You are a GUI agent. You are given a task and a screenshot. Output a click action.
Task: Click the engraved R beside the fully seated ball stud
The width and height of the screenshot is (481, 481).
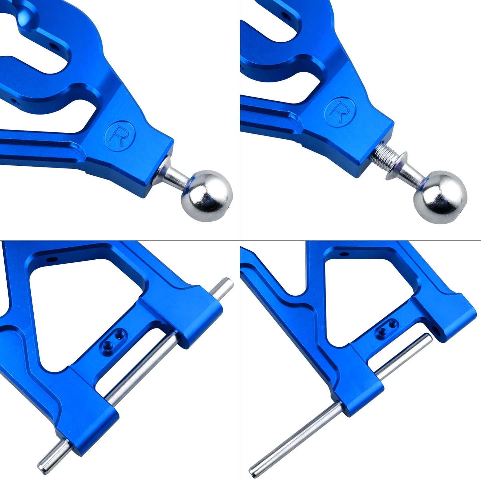pos(119,136)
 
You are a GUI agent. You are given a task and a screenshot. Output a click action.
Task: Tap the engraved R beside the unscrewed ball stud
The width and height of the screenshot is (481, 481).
pos(340,113)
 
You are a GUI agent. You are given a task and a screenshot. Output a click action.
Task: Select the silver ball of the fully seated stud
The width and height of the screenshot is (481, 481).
pos(207,196)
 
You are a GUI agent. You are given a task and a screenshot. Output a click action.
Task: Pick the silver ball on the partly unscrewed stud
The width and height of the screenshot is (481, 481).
pos(440,197)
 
